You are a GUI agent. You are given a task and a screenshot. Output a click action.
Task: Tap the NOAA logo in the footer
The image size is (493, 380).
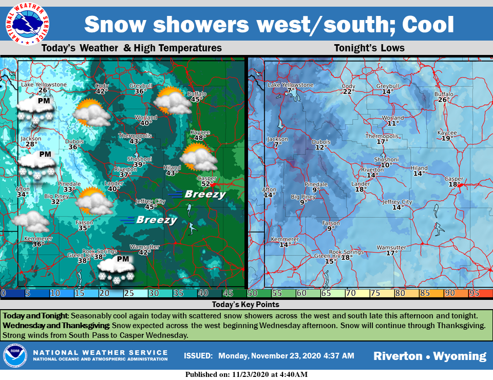pyautogui.click(x=15, y=356)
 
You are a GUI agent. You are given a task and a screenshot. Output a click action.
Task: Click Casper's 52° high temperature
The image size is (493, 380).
pyautogui.click(x=207, y=184)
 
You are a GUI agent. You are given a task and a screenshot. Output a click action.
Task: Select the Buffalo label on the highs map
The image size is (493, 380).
pyautogui.click(x=197, y=93)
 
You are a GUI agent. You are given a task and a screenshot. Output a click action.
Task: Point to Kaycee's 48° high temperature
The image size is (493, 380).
pyautogui.click(x=200, y=138)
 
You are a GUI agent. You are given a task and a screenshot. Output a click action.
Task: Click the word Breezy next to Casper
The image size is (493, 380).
pyautogui.click(x=205, y=194)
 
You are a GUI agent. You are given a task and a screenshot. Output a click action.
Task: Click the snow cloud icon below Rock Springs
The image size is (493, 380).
pyautogui.click(x=116, y=270)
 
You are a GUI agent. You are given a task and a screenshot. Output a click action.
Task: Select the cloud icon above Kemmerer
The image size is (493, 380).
pyautogui.click(x=31, y=222)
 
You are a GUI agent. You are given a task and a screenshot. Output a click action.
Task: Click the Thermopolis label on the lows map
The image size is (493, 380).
pyautogui.click(x=381, y=136)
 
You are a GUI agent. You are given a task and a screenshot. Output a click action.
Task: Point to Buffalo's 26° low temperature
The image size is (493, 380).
pyautogui.click(x=444, y=100)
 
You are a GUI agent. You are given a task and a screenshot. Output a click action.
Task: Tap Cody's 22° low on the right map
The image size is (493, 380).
pyautogui.click(x=349, y=91)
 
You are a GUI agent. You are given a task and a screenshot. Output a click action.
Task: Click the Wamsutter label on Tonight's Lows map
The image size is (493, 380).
pyautogui.click(x=391, y=248)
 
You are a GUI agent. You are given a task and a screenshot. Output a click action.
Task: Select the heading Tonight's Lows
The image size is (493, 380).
pyautogui.click(x=369, y=48)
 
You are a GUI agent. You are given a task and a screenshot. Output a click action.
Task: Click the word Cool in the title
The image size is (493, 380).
pyautogui.click(x=428, y=24)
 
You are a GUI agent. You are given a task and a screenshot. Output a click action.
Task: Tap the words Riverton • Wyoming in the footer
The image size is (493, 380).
pyautogui.click(x=429, y=356)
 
